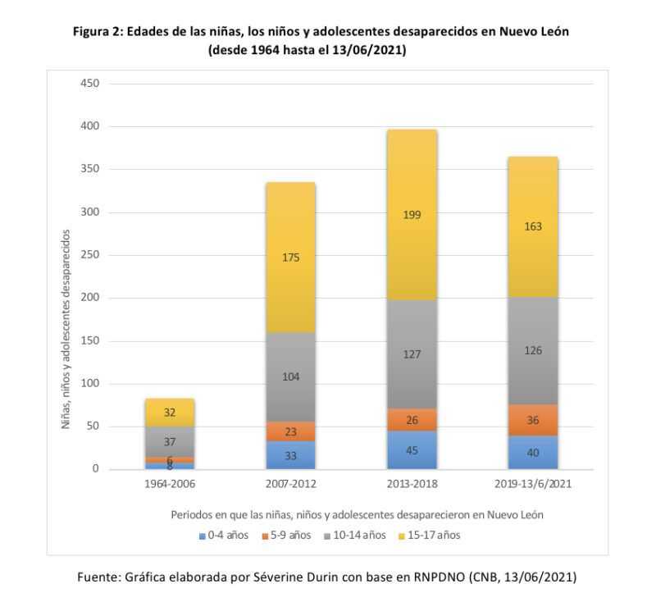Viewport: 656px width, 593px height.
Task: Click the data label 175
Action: pos(291,258)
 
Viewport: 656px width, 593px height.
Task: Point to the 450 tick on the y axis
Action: pos(89,84)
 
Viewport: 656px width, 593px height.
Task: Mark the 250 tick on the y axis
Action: pos(89,255)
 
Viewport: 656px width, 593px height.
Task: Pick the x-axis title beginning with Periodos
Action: pos(358,515)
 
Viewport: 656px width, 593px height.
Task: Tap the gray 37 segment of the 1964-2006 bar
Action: pos(171,441)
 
